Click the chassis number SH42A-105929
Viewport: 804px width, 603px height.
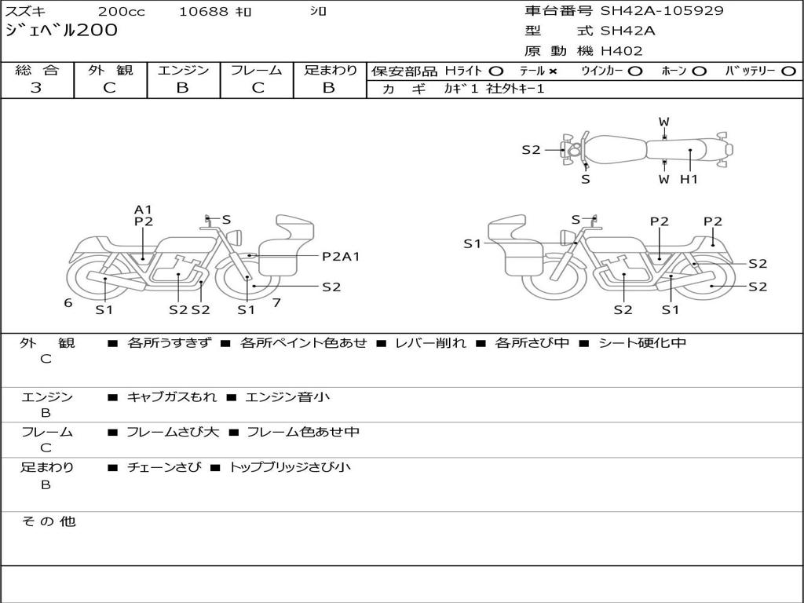click(x=662, y=11)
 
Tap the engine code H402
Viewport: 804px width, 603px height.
click(x=622, y=51)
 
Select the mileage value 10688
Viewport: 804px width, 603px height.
click(x=203, y=11)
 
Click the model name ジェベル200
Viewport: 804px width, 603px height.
click(x=61, y=31)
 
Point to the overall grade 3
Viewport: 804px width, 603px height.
click(x=36, y=88)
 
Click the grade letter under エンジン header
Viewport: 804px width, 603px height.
click(x=183, y=88)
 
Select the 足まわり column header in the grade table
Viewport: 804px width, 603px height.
click(x=331, y=70)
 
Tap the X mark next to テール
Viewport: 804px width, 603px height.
click(x=552, y=71)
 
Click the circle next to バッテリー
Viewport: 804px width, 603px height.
click(x=788, y=71)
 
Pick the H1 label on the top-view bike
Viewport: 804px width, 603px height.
click(x=689, y=180)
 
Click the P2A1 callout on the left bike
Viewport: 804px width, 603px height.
click(x=341, y=257)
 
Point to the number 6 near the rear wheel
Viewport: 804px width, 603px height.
click(x=68, y=303)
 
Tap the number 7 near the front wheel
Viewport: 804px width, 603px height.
click(x=277, y=303)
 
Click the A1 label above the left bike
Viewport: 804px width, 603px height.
click(x=144, y=210)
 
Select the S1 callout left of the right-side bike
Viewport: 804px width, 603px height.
click(x=472, y=244)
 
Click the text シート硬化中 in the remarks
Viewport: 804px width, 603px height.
click(x=642, y=343)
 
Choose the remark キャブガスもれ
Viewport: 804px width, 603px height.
click(x=172, y=397)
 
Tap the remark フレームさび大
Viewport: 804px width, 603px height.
click(x=173, y=433)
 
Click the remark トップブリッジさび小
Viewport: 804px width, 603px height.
click(x=290, y=467)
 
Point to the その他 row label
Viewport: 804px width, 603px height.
click(x=49, y=521)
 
